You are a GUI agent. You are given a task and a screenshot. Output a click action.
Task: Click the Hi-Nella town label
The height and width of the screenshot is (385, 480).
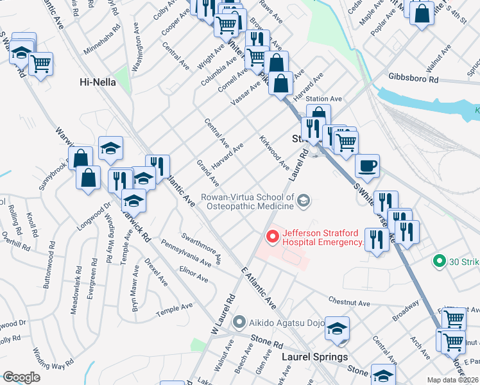point(98,81)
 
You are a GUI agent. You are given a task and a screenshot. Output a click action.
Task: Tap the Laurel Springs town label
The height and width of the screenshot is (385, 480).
point(317,357)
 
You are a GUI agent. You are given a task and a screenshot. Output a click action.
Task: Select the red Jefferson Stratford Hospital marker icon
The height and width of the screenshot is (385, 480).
point(273,237)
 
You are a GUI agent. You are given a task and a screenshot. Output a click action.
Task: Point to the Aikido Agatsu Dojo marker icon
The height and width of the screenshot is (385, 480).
point(240,321)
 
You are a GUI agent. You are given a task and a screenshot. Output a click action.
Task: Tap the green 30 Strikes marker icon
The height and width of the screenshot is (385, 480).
point(440,261)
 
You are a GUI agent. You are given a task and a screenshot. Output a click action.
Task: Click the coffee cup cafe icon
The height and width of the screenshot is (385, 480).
point(367,166)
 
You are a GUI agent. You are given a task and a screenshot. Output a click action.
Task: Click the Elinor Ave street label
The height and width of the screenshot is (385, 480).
point(194,275)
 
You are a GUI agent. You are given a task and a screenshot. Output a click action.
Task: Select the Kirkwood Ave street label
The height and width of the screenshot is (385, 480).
point(274,152)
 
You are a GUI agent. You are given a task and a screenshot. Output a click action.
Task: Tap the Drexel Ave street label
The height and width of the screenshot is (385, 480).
point(156,272)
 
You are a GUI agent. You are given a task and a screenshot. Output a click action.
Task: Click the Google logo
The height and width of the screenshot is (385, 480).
point(21,378)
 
